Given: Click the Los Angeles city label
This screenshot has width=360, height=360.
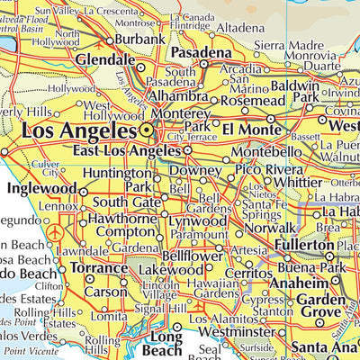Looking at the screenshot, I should (78, 131).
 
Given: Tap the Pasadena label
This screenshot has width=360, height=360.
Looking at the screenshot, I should (201, 54).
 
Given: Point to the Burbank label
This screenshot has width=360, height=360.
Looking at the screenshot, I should (140, 40).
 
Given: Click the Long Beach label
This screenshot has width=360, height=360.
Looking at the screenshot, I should (167, 345).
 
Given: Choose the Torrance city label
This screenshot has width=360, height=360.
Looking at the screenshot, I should (99, 268).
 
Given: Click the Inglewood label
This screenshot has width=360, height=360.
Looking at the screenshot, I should (41, 189).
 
